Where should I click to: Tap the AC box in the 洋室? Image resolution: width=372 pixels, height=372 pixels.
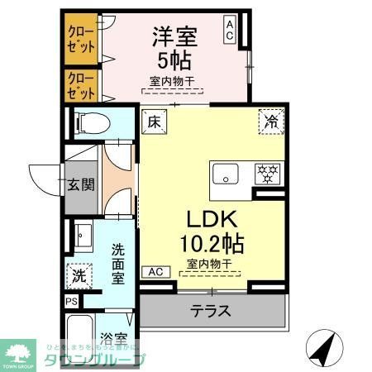[x=230, y=31]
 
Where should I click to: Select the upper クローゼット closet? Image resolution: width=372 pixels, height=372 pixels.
[x=79, y=39]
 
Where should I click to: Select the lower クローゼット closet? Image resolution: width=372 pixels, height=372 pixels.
[x=79, y=85]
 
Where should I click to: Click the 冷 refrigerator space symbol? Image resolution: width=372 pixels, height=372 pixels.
[x=270, y=121]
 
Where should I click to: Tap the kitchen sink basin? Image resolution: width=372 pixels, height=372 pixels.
[x=224, y=174]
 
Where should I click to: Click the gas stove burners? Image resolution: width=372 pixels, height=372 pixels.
[x=266, y=174]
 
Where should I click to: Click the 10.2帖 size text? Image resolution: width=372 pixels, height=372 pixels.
[x=212, y=244]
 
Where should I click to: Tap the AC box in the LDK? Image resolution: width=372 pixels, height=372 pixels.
[x=155, y=270]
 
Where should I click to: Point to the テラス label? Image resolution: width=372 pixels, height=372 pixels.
[x=211, y=312]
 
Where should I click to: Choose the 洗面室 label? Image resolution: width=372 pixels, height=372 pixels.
[x=118, y=262]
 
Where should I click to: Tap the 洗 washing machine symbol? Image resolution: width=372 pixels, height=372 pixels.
[x=78, y=272]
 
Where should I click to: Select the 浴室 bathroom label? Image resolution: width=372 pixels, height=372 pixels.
[x=112, y=339]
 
